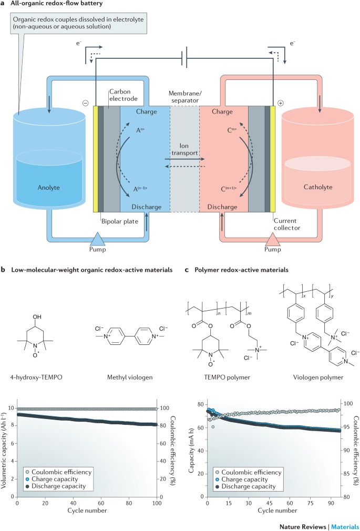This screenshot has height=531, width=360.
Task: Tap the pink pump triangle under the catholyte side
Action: (256, 240)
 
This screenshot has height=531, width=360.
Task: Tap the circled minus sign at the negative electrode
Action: (87, 103)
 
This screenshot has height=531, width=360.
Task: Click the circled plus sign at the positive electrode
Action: (280, 103)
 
